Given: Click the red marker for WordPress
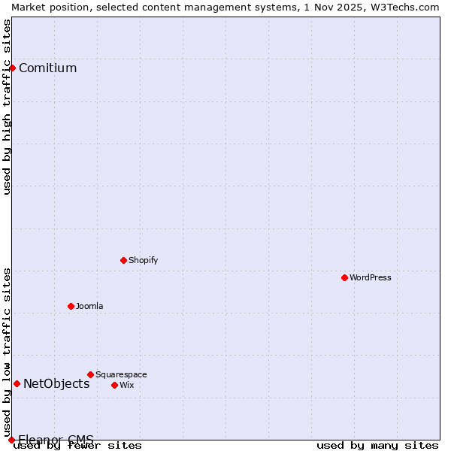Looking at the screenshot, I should point(344,277).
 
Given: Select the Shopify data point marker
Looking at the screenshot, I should point(123,260).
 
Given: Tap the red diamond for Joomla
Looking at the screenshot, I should point(71,306).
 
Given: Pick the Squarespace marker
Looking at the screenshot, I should point(90,374).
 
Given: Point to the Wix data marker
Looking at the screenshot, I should point(114,385).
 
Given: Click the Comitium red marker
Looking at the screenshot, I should point(12,68).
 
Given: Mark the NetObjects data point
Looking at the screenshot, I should point(17,383).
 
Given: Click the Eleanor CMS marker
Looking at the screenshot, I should point(11,440).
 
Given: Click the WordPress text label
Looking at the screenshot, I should point(371,277).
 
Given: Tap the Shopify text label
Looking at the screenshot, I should point(144,260).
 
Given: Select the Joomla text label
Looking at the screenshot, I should point(89,306).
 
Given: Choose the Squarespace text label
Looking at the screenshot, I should point(121,374).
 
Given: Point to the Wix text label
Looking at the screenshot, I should point(127,385).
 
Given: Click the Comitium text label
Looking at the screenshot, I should point(47,68).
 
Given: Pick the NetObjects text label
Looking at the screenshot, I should point(56,384).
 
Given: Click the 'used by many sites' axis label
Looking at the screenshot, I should point(377,446).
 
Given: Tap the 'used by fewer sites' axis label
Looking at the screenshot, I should point(78,446).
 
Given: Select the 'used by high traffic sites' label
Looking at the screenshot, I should point(7,107).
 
